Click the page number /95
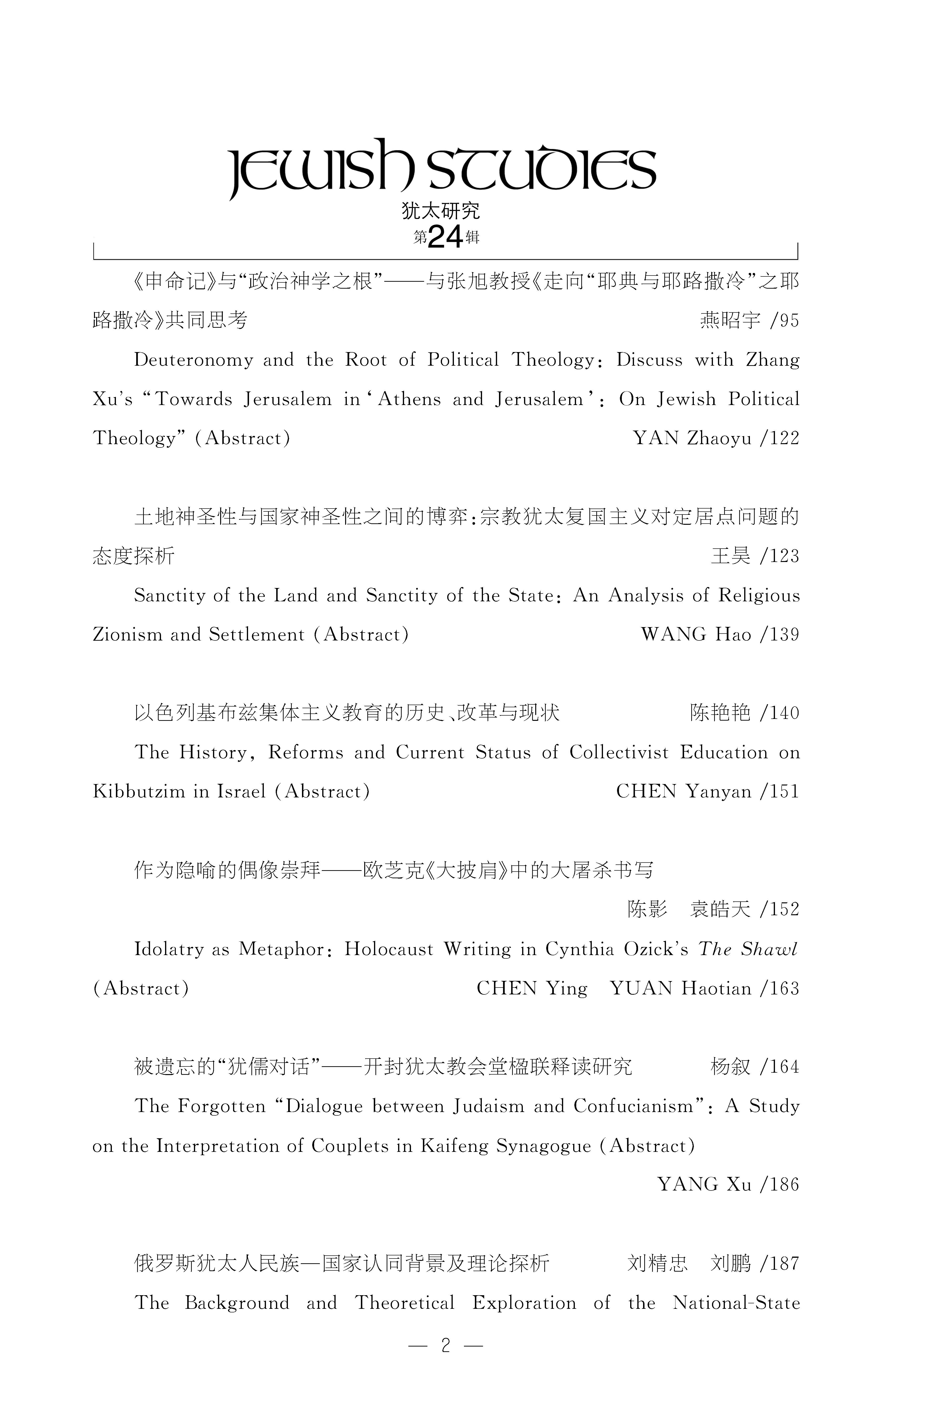pos(784,321)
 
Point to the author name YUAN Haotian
pos(681,988)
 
